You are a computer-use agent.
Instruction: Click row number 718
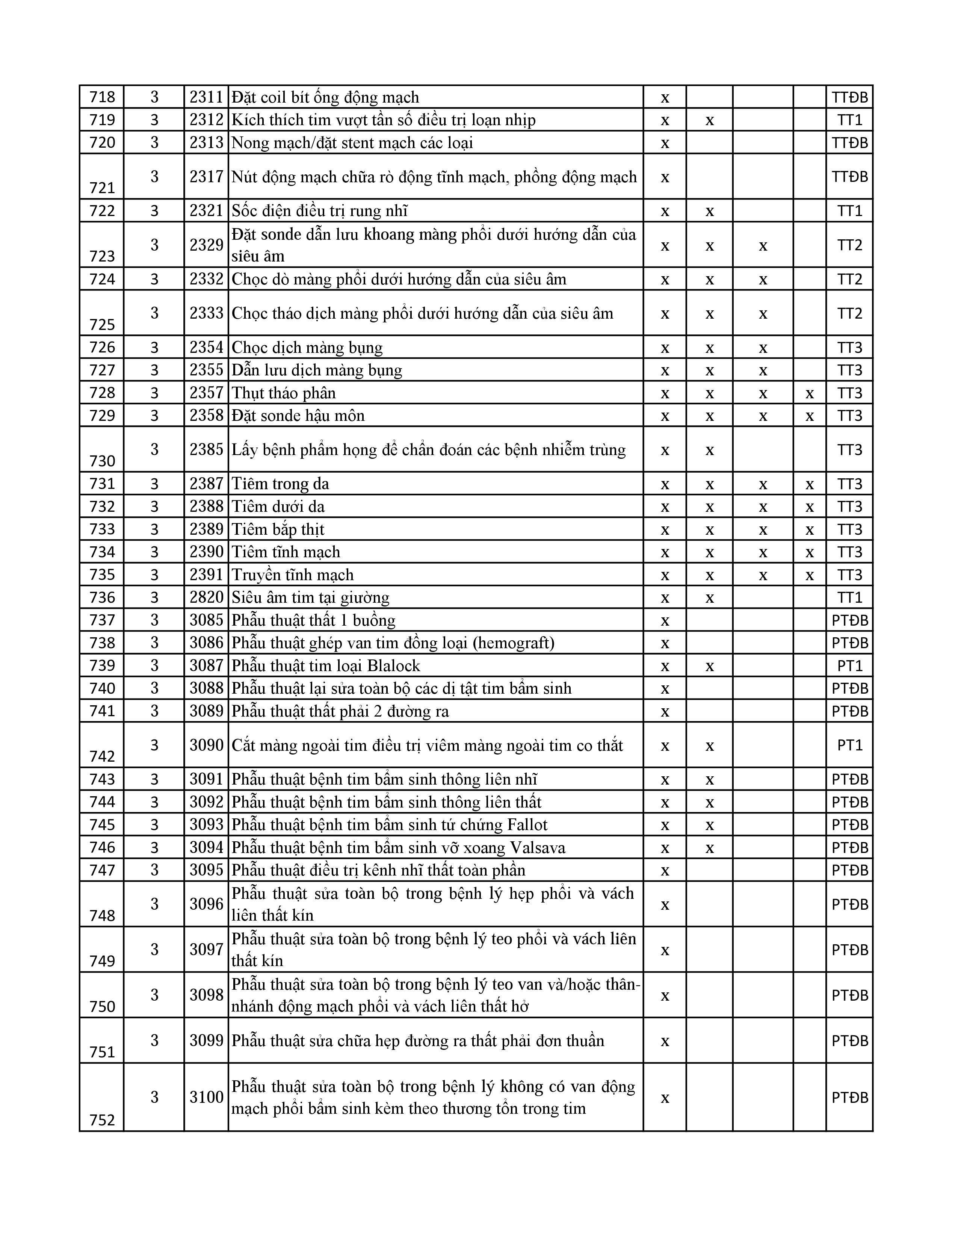coord(102,97)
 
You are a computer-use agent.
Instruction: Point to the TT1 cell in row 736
coord(849,597)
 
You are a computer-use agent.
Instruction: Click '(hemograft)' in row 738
coord(513,643)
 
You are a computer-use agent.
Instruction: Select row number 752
coord(102,1120)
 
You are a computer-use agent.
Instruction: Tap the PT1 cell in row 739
coord(849,665)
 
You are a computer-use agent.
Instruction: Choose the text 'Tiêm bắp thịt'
coord(278,529)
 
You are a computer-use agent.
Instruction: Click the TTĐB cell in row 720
coord(849,142)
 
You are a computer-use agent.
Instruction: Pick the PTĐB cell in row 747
coord(849,870)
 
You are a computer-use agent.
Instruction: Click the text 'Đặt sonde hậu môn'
coord(298,416)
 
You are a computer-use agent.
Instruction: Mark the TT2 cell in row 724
coord(849,279)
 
